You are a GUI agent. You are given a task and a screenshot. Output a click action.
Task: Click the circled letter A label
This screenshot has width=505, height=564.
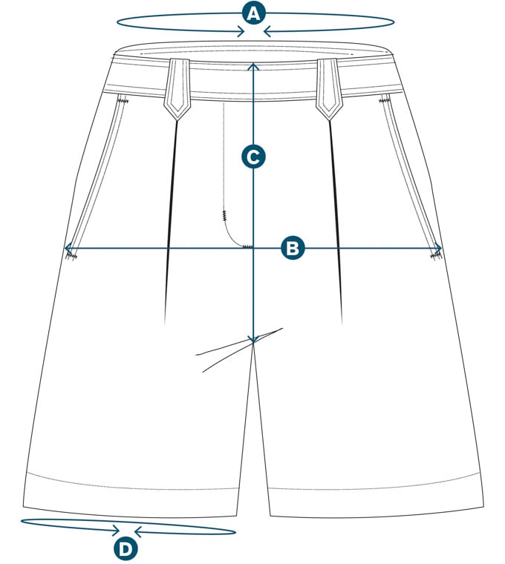coord(254,13)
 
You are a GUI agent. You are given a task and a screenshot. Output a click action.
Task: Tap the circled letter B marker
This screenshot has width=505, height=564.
coord(293,248)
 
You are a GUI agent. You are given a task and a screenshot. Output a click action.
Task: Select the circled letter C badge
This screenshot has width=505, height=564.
coord(254,157)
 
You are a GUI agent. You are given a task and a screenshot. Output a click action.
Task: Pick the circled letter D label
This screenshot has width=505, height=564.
coord(126,549)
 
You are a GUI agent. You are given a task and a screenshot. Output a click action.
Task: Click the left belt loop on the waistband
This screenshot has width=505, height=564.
coord(177,88)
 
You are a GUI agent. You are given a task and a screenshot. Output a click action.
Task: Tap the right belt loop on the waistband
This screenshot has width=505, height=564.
coord(328,88)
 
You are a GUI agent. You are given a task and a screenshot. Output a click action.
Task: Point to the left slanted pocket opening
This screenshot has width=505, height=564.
coord(97,178)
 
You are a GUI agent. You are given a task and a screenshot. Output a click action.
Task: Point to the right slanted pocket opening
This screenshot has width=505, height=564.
coord(411,178)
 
